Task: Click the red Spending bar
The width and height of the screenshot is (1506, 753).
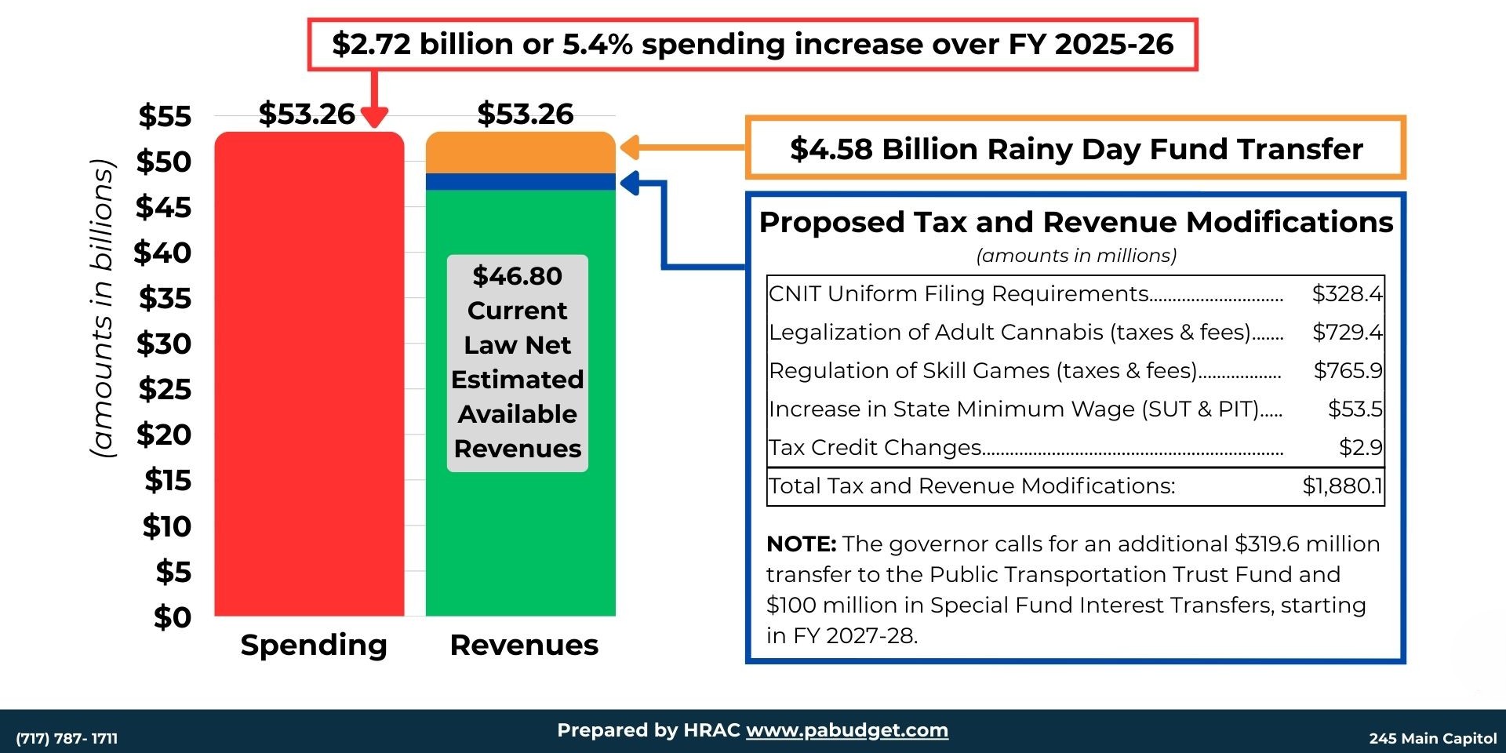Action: pyautogui.click(x=309, y=376)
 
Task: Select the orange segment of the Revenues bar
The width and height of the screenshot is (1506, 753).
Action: pyautogui.click(x=520, y=152)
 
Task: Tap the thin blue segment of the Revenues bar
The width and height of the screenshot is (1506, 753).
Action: pyautogui.click(x=520, y=182)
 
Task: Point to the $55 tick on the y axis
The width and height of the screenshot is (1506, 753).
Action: pyautogui.click(x=165, y=116)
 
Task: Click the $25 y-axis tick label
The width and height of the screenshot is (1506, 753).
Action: pyautogui.click(x=165, y=389)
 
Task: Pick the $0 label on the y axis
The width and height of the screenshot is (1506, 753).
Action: pyautogui.click(x=173, y=617)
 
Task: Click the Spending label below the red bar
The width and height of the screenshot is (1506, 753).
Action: pyautogui.click(x=314, y=645)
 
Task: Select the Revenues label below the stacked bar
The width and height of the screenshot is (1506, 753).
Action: pyautogui.click(x=524, y=645)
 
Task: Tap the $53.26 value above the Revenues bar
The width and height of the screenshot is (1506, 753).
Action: pyautogui.click(x=526, y=114)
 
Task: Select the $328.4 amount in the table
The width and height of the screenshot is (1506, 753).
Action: pyautogui.click(x=1347, y=293)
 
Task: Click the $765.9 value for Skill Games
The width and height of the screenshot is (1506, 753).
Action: pyautogui.click(x=1348, y=370)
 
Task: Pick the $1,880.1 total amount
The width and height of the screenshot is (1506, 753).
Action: pyautogui.click(x=1342, y=486)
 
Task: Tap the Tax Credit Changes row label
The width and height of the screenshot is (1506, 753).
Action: pyautogui.click(x=875, y=447)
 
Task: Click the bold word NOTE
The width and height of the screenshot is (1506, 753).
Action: pyautogui.click(x=801, y=544)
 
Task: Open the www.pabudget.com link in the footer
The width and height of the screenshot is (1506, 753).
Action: pyautogui.click(x=846, y=730)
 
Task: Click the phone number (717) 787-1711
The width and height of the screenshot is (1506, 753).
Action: pyautogui.click(x=67, y=738)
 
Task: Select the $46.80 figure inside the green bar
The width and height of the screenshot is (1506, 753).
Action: pyautogui.click(x=518, y=276)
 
